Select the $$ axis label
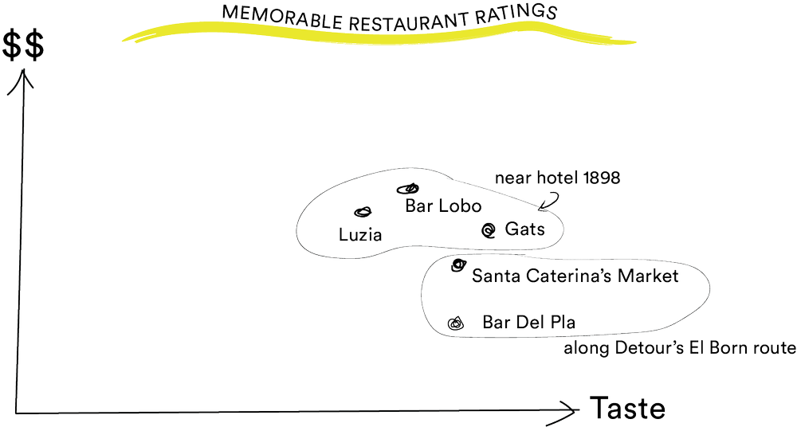[x=24, y=45]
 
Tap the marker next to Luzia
[x=363, y=212]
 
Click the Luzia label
[x=360, y=235]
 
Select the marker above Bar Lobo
[x=407, y=189]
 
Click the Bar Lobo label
[x=443, y=206]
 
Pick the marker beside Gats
[x=489, y=230]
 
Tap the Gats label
[x=525, y=229]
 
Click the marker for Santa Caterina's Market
[x=457, y=265]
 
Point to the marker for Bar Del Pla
[x=455, y=323]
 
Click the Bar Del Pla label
[x=529, y=323]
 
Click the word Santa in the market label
[x=493, y=276]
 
